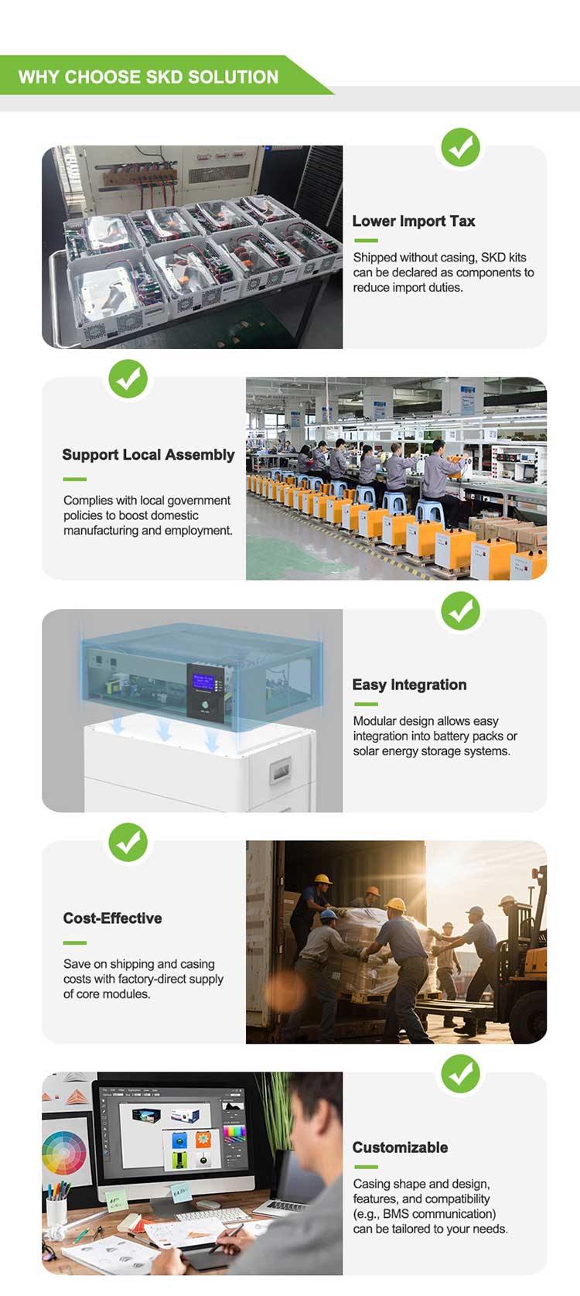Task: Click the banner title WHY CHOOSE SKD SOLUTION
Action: (x=148, y=77)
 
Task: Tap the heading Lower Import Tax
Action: (x=413, y=221)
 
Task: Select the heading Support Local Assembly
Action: (x=148, y=455)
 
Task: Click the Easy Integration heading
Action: (x=409, y=685)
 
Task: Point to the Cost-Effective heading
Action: (x=112, y=918)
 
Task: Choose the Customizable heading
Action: (x=400, y=1147)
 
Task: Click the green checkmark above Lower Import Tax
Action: (x=461, y=147)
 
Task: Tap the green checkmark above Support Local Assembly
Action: (x=128, y=379)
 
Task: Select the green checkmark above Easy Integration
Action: (x=461, y=611)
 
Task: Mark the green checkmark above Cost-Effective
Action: (x=128, y=843)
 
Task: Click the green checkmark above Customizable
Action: (x=461, y=1074)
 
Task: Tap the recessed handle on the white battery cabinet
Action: (x=279, y=771)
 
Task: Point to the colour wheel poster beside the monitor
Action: (x=65, y=1153)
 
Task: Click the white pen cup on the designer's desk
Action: (x=56, y=1212)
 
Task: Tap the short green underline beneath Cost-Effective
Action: (x=74, y=942)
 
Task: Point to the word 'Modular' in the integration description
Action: (x=375, y=721)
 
